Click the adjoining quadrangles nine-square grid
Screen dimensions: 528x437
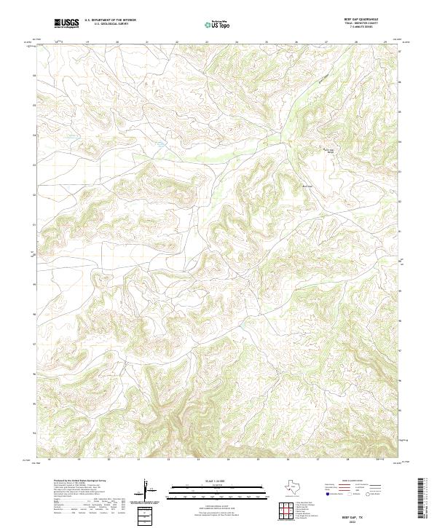tap(287, 511)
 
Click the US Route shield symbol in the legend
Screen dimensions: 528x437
tap(350, 494)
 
